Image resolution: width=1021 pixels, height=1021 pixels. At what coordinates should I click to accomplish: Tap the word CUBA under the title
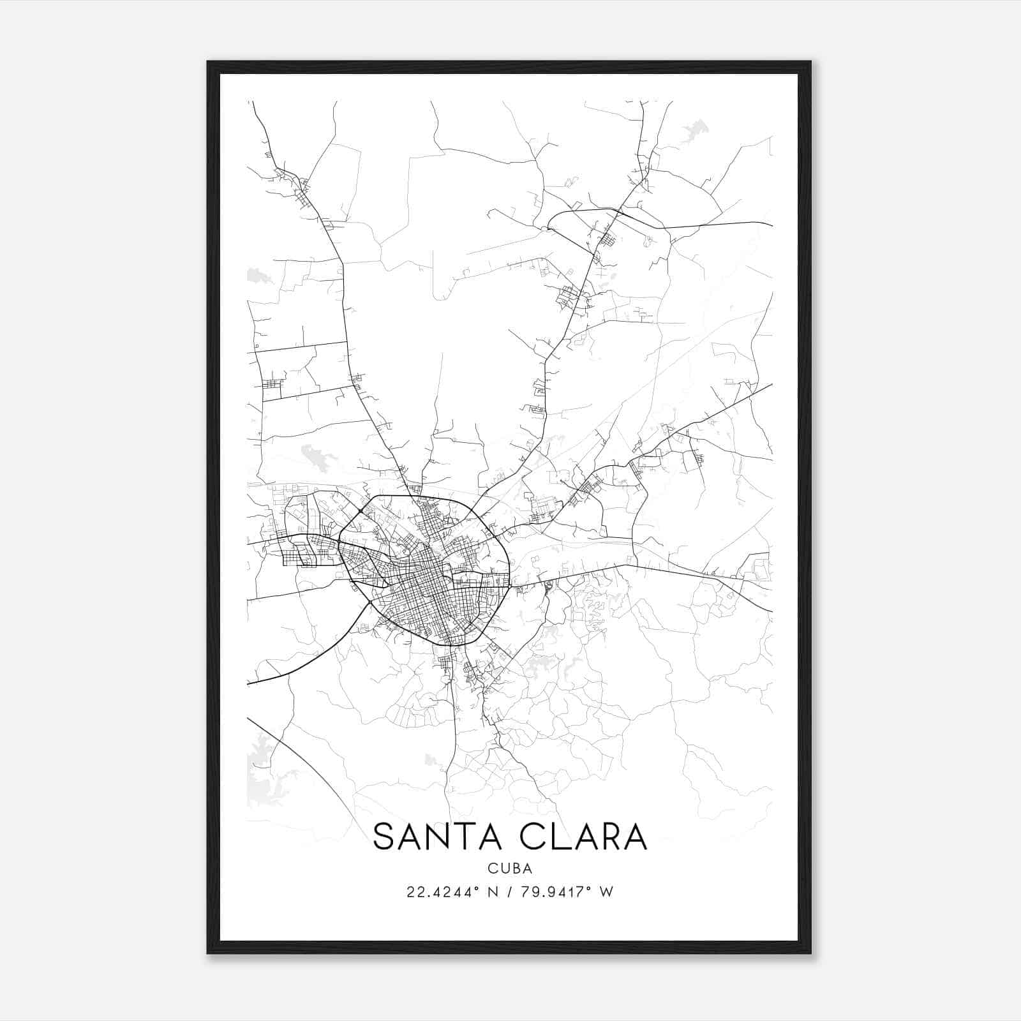click(510, 868)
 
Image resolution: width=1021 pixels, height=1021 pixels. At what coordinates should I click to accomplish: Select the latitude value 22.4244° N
click(450, 892)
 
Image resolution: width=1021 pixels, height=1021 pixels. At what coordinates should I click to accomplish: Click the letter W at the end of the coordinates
click(607, 892)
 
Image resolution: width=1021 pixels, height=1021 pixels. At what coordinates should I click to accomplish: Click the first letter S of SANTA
click(383, 837)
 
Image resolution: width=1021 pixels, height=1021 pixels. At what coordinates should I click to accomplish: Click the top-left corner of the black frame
click(209, 63)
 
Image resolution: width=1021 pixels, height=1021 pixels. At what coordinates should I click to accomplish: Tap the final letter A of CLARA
click(635, 837)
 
